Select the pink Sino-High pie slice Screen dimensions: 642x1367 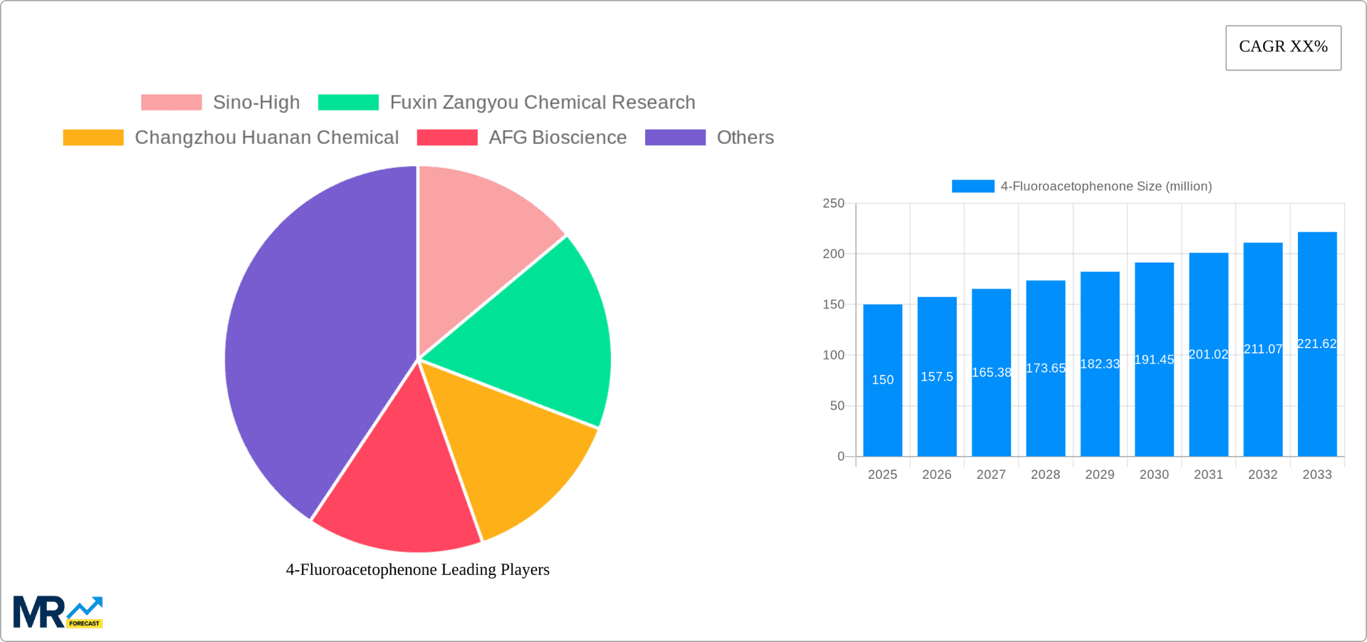[x=477, y=235]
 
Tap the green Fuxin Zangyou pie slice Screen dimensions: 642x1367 [x=541, y=335]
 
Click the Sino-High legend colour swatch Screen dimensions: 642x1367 [x=172, y=103]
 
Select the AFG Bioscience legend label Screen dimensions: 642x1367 [x=557, y=138]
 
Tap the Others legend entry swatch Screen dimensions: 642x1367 [x=675, y=138]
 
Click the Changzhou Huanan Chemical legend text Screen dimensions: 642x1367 [x=266, y=138]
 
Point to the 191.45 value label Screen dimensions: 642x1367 [x=1154, y=360]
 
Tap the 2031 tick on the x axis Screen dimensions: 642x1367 [x=1208, y=475]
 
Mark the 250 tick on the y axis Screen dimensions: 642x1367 [x=833, y=204]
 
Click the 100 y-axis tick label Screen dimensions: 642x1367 [x=833, y=355]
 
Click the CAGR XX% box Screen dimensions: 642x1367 [x=1283, y=48]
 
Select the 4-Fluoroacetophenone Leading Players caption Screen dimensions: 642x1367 [x=418, y=569]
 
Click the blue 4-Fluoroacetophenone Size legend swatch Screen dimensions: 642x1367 [x=973, y=186]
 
